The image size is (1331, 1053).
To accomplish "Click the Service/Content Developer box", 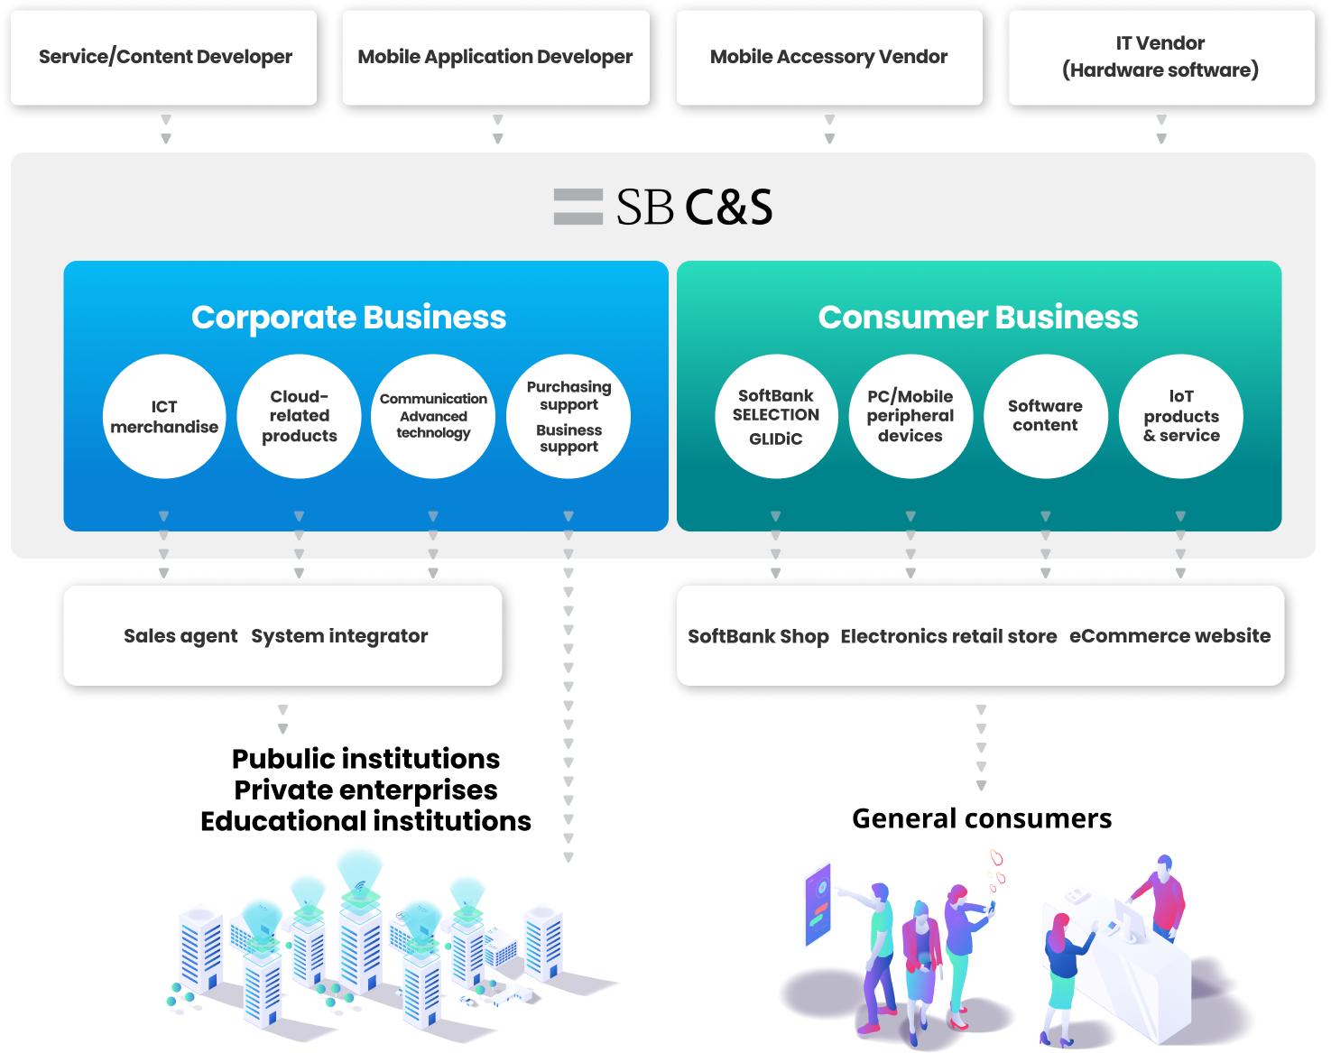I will coord(164,57).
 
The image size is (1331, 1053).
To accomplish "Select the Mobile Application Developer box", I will coord(495,57).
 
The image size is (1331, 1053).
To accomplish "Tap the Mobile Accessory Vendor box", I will coord(828,57).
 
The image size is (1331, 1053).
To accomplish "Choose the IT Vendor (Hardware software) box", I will coord(1160,57).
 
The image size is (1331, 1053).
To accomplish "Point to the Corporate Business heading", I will coord(348,318).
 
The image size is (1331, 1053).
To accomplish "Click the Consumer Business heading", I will coord(977,318).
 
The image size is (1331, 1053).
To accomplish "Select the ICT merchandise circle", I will coord(164,417).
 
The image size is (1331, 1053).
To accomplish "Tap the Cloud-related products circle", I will coord(299,417).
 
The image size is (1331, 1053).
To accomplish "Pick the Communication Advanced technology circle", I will coord(433,417).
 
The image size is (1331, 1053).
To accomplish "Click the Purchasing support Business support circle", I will coord(568,417).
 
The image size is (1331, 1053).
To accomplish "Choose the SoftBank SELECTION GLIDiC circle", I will coord(776,417).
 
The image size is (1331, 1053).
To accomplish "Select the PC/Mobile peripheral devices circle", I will coord(910,417).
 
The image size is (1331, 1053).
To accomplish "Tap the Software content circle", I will coord(1045,417).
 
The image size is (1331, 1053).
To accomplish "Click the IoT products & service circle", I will coord(1181,417).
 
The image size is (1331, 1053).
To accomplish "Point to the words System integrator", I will coord(339,636).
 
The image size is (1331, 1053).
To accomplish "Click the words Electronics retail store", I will coord(948,636).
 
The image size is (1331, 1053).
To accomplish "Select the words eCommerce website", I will coord(1169,636).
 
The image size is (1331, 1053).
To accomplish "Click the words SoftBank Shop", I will coord(758,636).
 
